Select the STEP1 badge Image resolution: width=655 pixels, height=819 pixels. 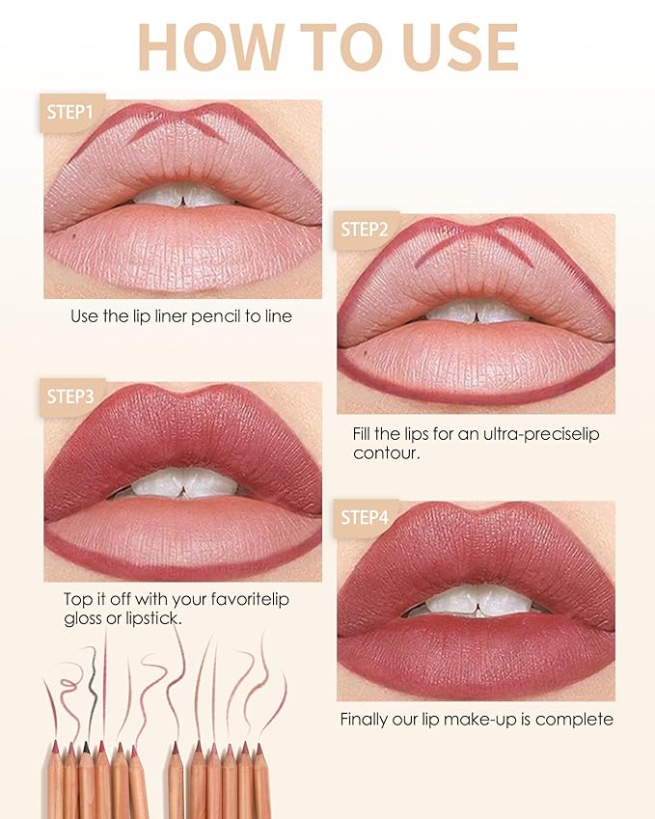tap(70, 113)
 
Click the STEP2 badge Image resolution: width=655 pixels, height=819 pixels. tap(364, 230)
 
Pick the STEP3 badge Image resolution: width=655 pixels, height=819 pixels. tap(70, 396)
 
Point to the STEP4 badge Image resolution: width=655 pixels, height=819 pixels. tap(364, 517)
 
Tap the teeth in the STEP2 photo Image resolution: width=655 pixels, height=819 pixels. tap(476, 311)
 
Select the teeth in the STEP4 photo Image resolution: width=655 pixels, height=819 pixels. tap(476, 601)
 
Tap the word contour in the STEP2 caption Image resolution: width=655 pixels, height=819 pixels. tap(386, 452)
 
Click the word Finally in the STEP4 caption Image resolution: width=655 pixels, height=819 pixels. tap(367, 720)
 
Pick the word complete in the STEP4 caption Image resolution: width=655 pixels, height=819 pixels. tap(577, 720)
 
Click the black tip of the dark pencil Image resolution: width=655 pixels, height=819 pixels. tap(86, 747)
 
